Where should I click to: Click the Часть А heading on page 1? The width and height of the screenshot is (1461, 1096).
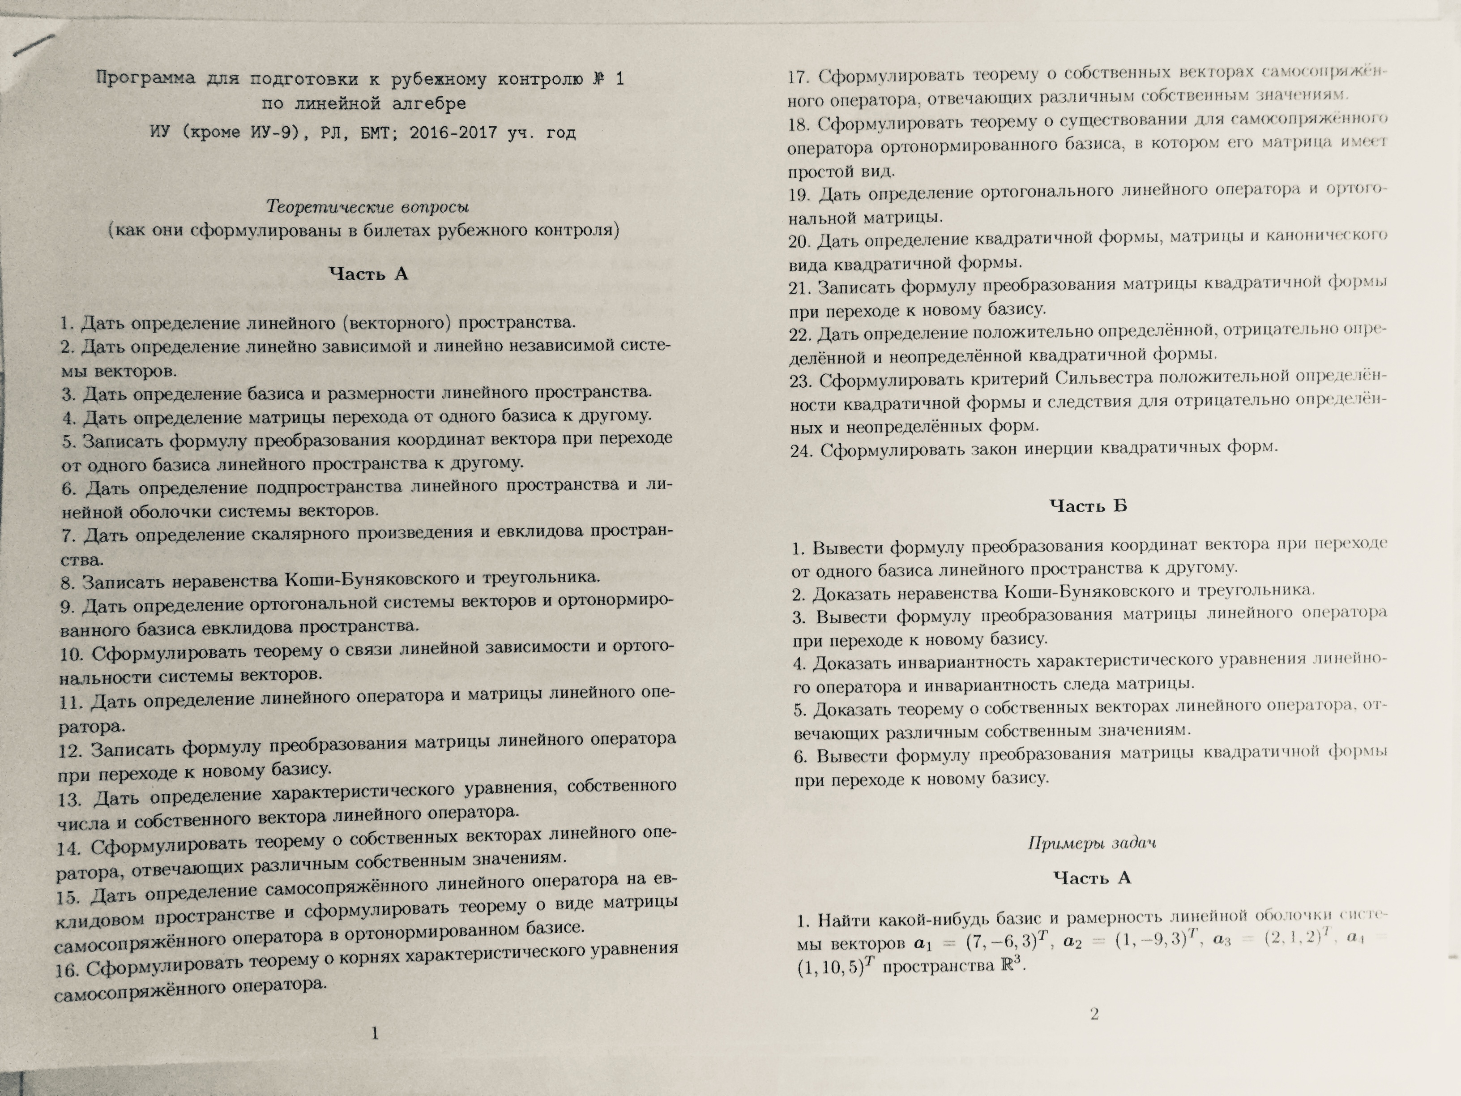[x=368, y=274]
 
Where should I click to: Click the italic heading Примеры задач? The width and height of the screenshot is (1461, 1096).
[x=1092, y=843]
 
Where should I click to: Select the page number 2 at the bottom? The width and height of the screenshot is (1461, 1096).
[x=1094, y=1014]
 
